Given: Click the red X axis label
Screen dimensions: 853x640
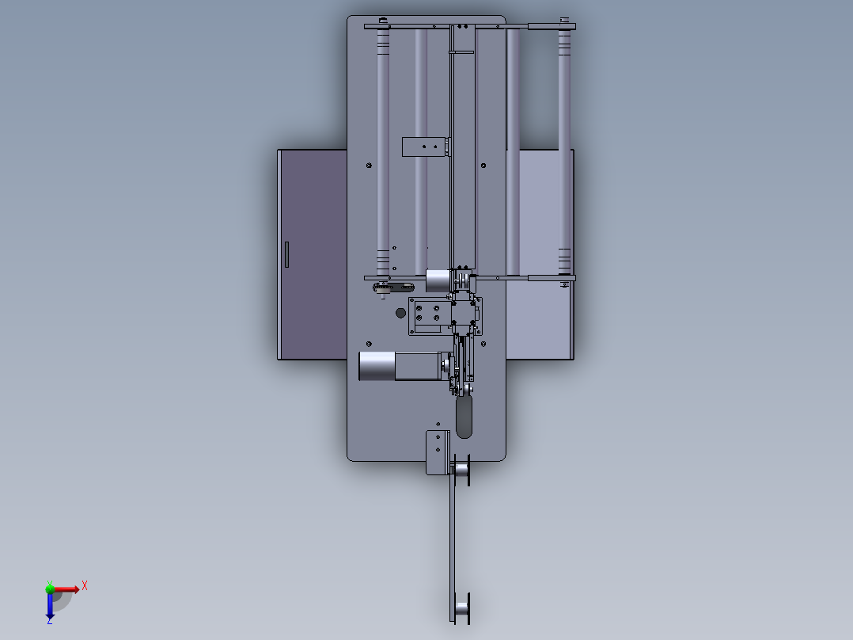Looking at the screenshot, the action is click(85, 586).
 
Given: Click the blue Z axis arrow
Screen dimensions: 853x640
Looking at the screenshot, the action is click(50, 605).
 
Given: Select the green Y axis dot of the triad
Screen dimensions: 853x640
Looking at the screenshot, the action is click(50, 589).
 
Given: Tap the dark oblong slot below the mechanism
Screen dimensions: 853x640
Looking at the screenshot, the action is click(464, 417).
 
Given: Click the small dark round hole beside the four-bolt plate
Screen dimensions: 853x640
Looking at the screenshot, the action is click(400, 313).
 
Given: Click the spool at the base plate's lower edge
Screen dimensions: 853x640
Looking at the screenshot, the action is click(461, 469).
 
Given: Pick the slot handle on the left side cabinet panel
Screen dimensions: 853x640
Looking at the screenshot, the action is click(286, 254).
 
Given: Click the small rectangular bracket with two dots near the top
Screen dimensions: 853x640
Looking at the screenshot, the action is click(426, 147).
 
